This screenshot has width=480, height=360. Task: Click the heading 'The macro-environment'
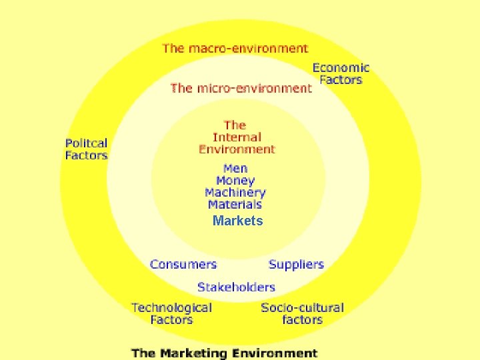click(x=235, y=48)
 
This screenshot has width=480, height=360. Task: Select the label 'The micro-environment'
click(x=241, y=88)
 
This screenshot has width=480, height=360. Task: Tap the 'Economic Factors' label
click(x=341, y=73)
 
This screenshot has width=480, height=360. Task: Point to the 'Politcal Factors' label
click(x=86, y=149)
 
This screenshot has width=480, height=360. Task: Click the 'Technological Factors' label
click(x=171, y=313)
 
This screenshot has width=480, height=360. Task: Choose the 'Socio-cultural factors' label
click(x=303, y=313)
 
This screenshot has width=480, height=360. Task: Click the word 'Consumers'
click(x=183, y=264)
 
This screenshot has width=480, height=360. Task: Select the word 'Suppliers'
click(x=296, y=264)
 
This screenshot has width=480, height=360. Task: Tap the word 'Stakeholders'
click(x=236, y=287)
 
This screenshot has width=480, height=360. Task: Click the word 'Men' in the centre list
click(x=235, y=169)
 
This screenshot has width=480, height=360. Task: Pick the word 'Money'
click(x=235, y=181)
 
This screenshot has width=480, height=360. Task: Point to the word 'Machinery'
click(x=235, y=193)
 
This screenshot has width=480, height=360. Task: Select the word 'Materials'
click(x=235, y=205)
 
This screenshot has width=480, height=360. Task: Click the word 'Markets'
click(x=238, y=221)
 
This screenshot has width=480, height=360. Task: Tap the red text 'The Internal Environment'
click(x=236, y=137)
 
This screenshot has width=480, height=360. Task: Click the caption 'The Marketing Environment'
click(x=225, y=353)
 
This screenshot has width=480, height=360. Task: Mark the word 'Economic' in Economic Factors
click(x=341, y=67)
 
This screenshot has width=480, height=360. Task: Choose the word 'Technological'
click(x=171, y=307)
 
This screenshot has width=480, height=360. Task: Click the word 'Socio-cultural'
click(x=303, y=307)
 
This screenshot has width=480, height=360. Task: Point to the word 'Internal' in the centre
click(x=236, y=137)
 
